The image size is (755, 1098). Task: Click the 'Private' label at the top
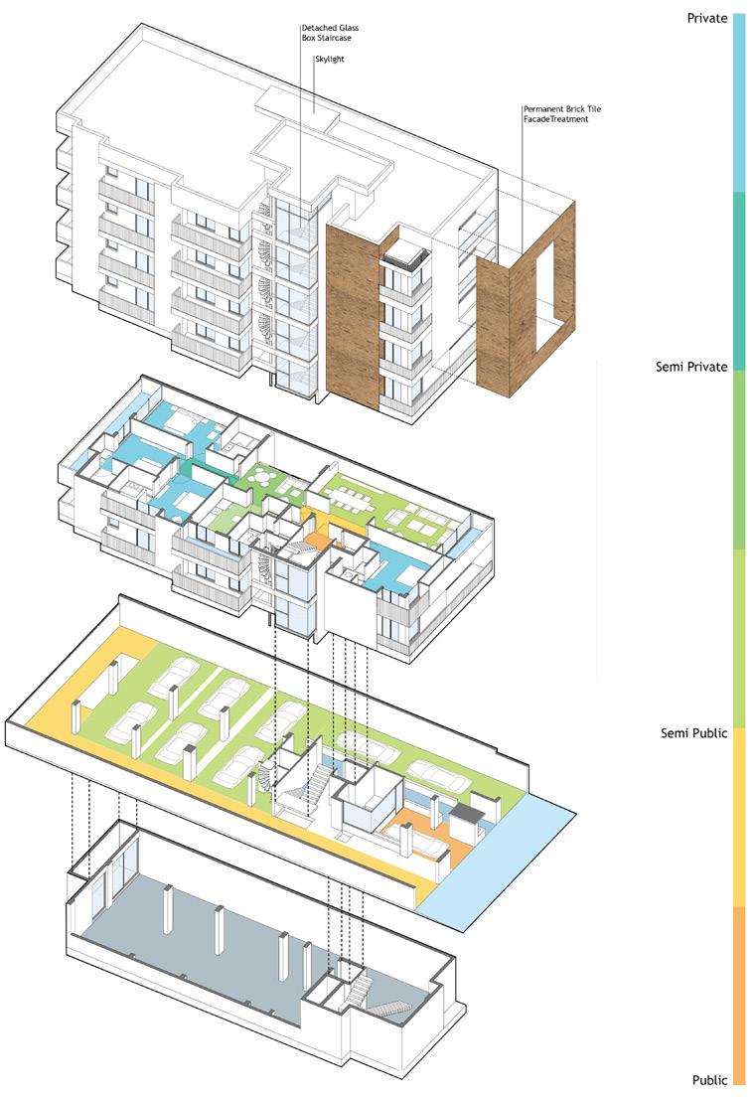click(705, 18)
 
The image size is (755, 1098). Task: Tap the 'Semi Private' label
click(691, 368)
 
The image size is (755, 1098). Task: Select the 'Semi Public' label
click(694, 733)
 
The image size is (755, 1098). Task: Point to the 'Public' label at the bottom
click(709, 1079)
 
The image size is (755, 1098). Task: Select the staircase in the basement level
click(389, 1009)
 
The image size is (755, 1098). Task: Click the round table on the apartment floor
click(264, 477)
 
